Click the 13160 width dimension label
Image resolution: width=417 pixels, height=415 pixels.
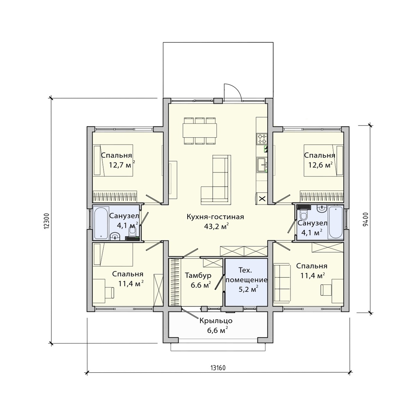point(218,367)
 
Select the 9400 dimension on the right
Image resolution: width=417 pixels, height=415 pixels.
point(365,219)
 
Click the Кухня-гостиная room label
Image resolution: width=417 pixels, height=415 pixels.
point(215,217)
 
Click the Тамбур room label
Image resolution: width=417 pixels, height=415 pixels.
point(198,276)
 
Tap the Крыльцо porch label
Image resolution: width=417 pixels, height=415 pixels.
point(216,321)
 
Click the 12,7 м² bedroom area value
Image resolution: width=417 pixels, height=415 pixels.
point(122,165)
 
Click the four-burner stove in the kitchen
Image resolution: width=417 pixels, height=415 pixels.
point(262,139)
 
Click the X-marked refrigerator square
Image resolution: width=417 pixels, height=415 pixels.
point(262,198)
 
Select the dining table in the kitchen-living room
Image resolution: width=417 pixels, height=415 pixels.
point(199,130)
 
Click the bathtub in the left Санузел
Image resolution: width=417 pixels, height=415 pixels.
point(101,223)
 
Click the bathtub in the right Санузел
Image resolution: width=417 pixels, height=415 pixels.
point(335,222)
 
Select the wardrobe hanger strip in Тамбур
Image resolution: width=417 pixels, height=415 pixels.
point(175,282)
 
